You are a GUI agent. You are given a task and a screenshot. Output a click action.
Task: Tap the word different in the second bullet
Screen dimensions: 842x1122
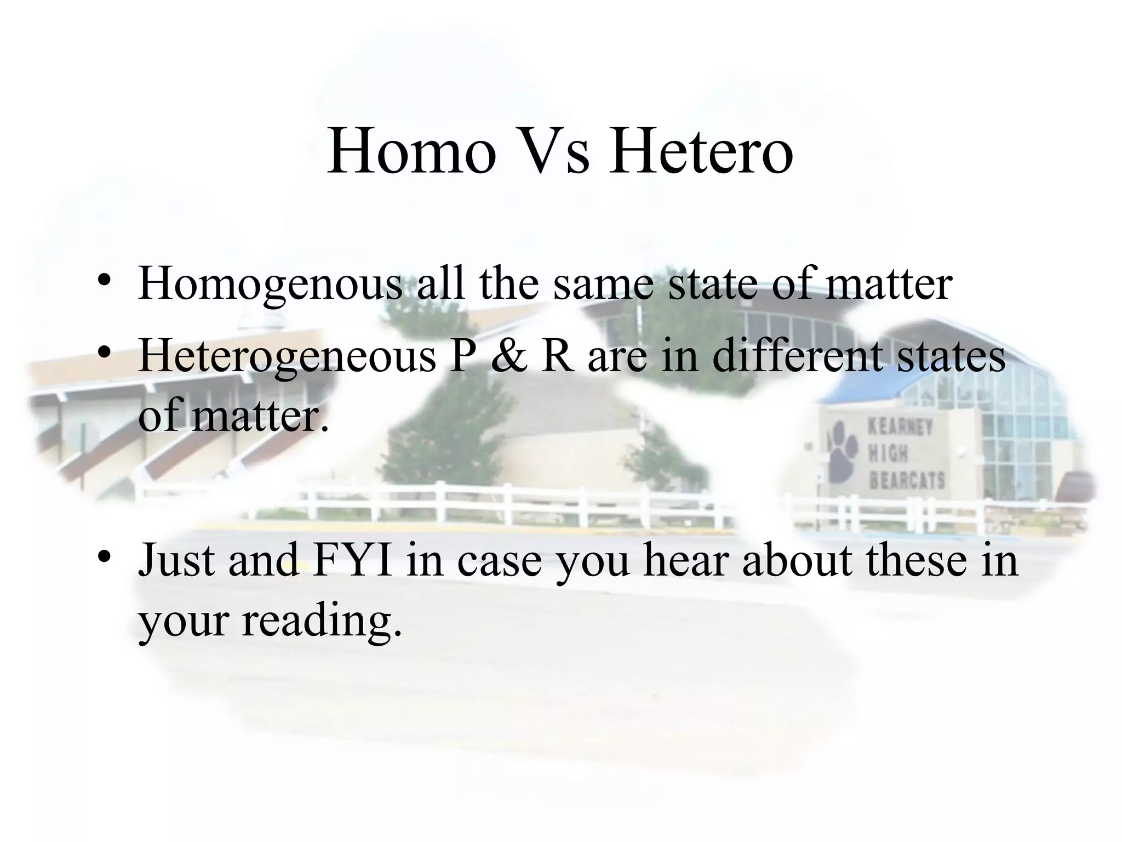pyautogui.click(x=798, y=355)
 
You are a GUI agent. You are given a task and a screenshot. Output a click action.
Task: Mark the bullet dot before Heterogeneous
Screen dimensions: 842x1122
pyautogui.click(x=104, y=354)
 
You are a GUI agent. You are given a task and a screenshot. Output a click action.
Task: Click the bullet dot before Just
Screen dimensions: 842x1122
pyautogui.click(x=104, y=559)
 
